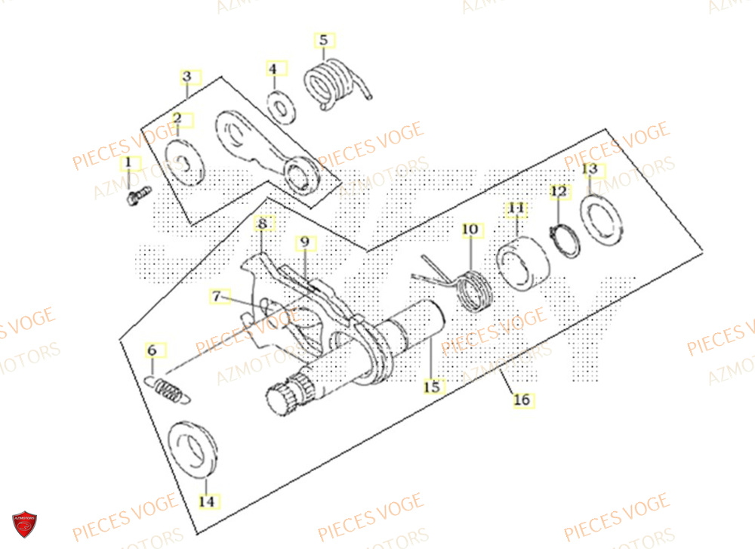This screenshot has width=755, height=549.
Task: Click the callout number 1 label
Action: pyautogui.click(x=128, y=162)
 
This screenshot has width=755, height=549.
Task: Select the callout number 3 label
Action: pyautogui.click(x=186, y=77)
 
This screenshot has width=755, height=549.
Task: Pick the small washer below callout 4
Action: pyautogui.click(x=282, y=106)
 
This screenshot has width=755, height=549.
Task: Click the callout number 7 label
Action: pyautogui.click(x=216, y=297)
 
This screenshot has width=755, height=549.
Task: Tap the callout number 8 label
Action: pyautogui.click(x=262, y=224)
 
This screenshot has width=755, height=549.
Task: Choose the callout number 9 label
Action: pyautogui.click(x=304, y=242)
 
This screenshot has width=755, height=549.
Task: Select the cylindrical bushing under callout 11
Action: pyautogui.click(x=522, y=264)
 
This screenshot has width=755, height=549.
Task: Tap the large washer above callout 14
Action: pyautogui.click(x=192, y=452)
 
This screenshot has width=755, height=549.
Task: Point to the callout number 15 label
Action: pyautogui.click(x=431, y=387)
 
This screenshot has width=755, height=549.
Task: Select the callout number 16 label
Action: pyautogui.click(x=522, y=400)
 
